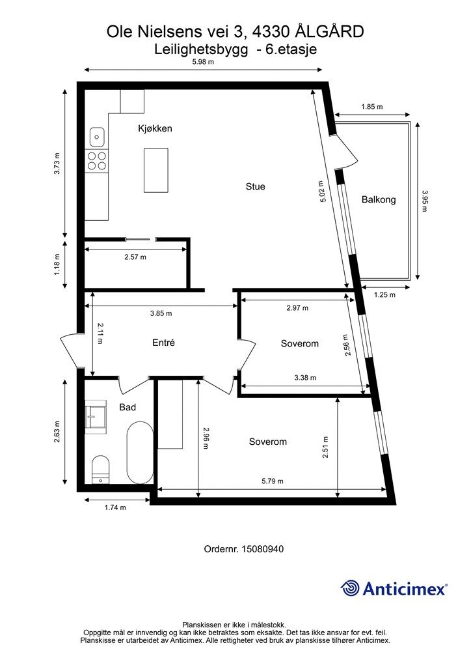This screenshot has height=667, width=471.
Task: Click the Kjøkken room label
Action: click(155, 128)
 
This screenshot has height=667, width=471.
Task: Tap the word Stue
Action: click(255, 186)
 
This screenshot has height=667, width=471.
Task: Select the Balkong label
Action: click(379, 199)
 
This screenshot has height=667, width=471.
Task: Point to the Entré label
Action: click(163, 343)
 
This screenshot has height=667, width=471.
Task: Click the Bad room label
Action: click(128, 407)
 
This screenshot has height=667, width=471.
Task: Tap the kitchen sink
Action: click(98, 137)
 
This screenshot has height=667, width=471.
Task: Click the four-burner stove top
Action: click(97, 160)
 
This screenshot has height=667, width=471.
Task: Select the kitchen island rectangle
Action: click(156, 170)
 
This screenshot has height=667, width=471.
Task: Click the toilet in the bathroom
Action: click(101, 470)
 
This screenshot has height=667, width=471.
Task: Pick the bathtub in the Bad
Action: click(140, 453)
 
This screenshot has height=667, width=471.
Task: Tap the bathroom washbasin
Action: click(95, 417)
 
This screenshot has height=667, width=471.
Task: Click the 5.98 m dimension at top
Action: click(203, 62)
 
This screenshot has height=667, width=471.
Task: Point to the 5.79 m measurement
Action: click(272, 481)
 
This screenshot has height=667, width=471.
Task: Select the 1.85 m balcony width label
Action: click(372, 107)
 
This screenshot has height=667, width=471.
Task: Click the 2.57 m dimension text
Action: click(135, 257)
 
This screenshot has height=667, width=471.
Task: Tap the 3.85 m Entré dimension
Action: click(161, 313)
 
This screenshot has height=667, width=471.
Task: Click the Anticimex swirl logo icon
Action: click(350, 588)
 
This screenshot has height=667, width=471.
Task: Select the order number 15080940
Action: click(262, 548)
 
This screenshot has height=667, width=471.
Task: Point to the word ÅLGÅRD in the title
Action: click(329, 31)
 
